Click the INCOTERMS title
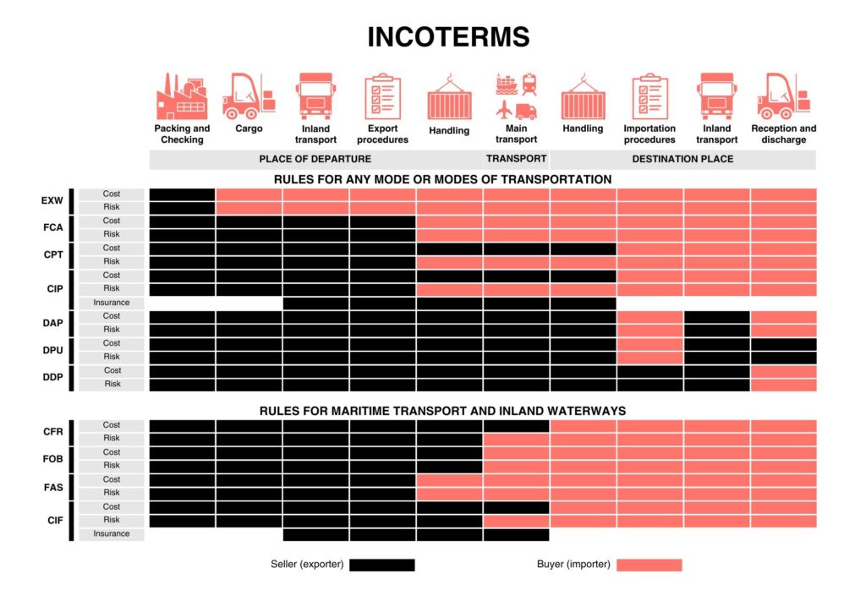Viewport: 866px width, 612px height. point(448,37)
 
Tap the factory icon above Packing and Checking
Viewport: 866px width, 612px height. point(182,96)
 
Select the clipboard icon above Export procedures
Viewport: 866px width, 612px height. point(382,96)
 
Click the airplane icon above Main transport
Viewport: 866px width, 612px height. point(504,109)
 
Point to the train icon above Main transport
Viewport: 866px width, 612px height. point(529,84)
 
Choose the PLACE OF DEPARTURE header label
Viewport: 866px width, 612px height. point(315,159)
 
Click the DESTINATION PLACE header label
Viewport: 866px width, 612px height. point(682,159)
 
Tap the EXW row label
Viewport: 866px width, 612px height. point(52,200)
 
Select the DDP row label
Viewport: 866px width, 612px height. point(53,377)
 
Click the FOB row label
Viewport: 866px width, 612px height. point(53,459)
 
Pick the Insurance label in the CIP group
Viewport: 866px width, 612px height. point(112,303)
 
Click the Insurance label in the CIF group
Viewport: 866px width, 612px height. point(112,533)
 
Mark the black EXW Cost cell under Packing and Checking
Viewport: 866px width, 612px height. point(183,194)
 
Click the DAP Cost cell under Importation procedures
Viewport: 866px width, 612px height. point(650,317)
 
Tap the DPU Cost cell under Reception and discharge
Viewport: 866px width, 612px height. point(784,344)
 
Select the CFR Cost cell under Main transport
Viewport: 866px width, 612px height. point(517,425)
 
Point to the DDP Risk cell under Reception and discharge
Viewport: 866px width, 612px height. point(784,385)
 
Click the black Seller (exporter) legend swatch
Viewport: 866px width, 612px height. point(382,565)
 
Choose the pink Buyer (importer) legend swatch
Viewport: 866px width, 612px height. point(649,565)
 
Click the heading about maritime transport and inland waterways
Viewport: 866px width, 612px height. point(443,411)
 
